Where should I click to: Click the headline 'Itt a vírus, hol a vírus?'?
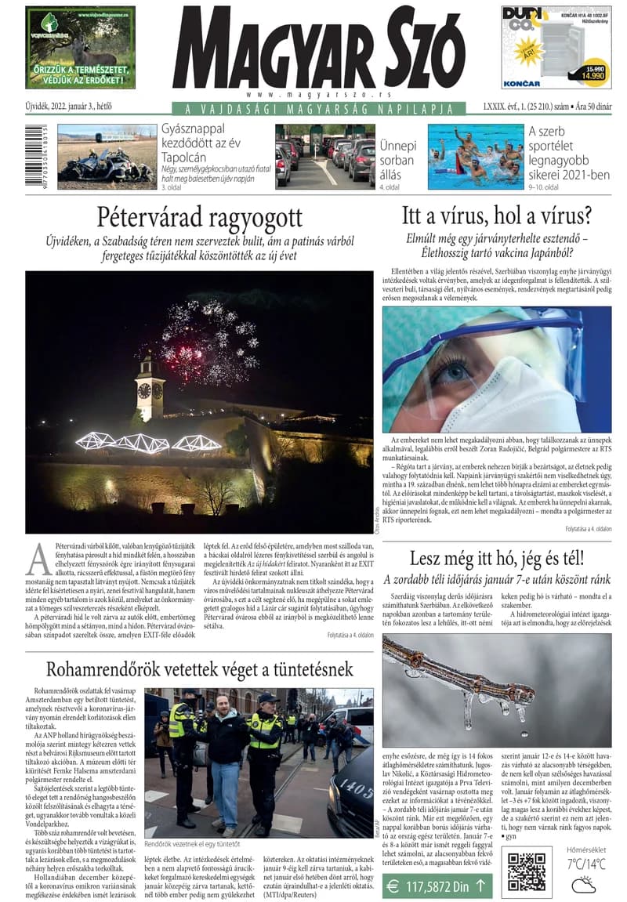(496, 216)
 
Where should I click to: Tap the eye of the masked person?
(451, 370)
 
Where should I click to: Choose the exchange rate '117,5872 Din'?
(437, 886)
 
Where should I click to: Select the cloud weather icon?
(584, 885)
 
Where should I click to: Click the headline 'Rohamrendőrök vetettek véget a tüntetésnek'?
(200, 669)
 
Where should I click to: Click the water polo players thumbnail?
(476, 157)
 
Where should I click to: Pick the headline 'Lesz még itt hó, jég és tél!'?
(496, 559)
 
